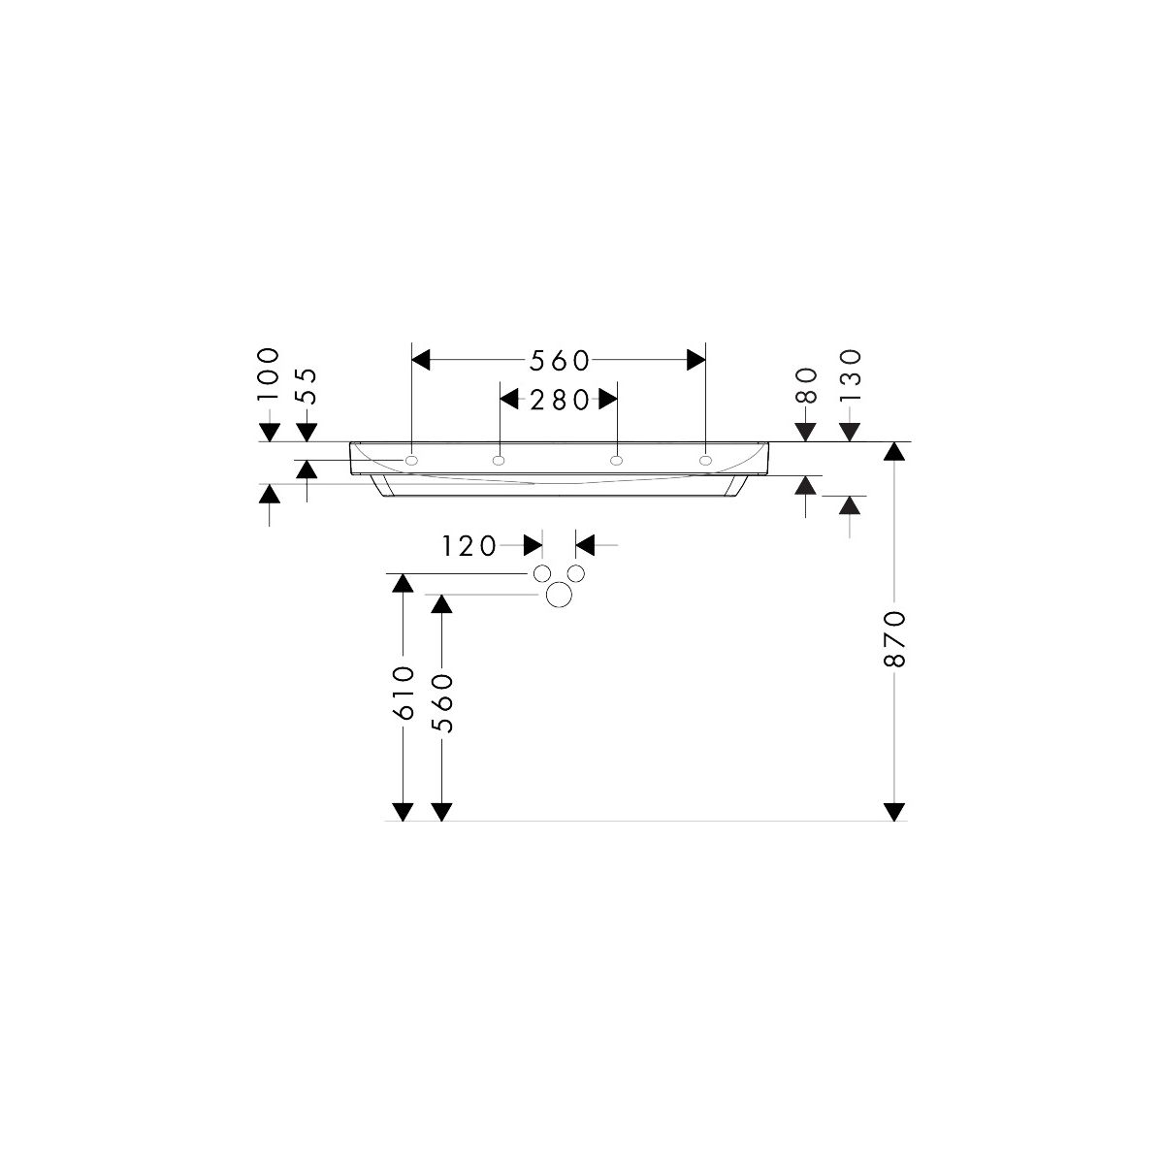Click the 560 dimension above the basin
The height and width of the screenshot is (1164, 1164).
559,361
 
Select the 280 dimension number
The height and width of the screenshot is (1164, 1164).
559,400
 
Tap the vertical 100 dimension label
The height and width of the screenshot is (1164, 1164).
269,373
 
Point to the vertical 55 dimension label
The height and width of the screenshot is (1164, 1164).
307,385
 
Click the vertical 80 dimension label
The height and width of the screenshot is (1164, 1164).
806,385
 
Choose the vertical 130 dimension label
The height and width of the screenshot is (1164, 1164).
850,375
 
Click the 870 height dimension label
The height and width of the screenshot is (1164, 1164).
894,638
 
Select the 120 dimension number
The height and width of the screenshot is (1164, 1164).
469,547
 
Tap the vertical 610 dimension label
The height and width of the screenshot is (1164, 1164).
404,693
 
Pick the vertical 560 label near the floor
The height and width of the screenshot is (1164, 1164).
442,703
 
